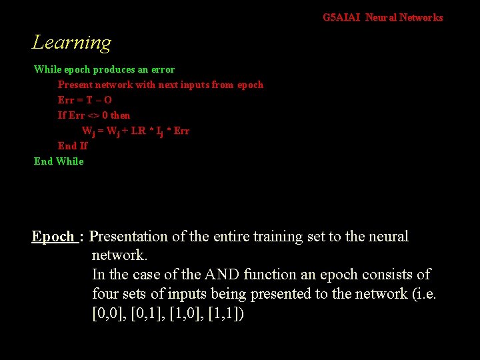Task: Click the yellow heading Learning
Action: click(x=71, y=43)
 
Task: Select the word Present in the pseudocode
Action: click(x=74, y=85)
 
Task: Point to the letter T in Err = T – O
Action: click(x=89, y=100)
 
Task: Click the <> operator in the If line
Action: click(x=94, y=115)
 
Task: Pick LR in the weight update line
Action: click(x=139, y=131)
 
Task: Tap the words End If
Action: click(x=73, y=145)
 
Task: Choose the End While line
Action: click(x=59, y=161)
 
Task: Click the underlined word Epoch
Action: click(x=53, y=237)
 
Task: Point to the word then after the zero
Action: click(x=121, y=115)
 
